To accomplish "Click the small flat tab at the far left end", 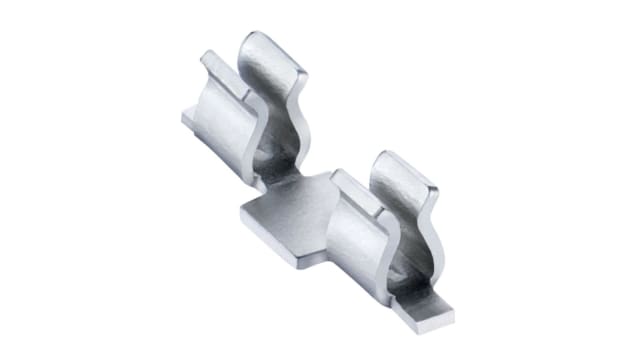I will coord(189,119).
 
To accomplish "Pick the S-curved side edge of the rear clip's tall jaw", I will coord(298,120).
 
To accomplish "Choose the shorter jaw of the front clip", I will coord(355,240).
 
